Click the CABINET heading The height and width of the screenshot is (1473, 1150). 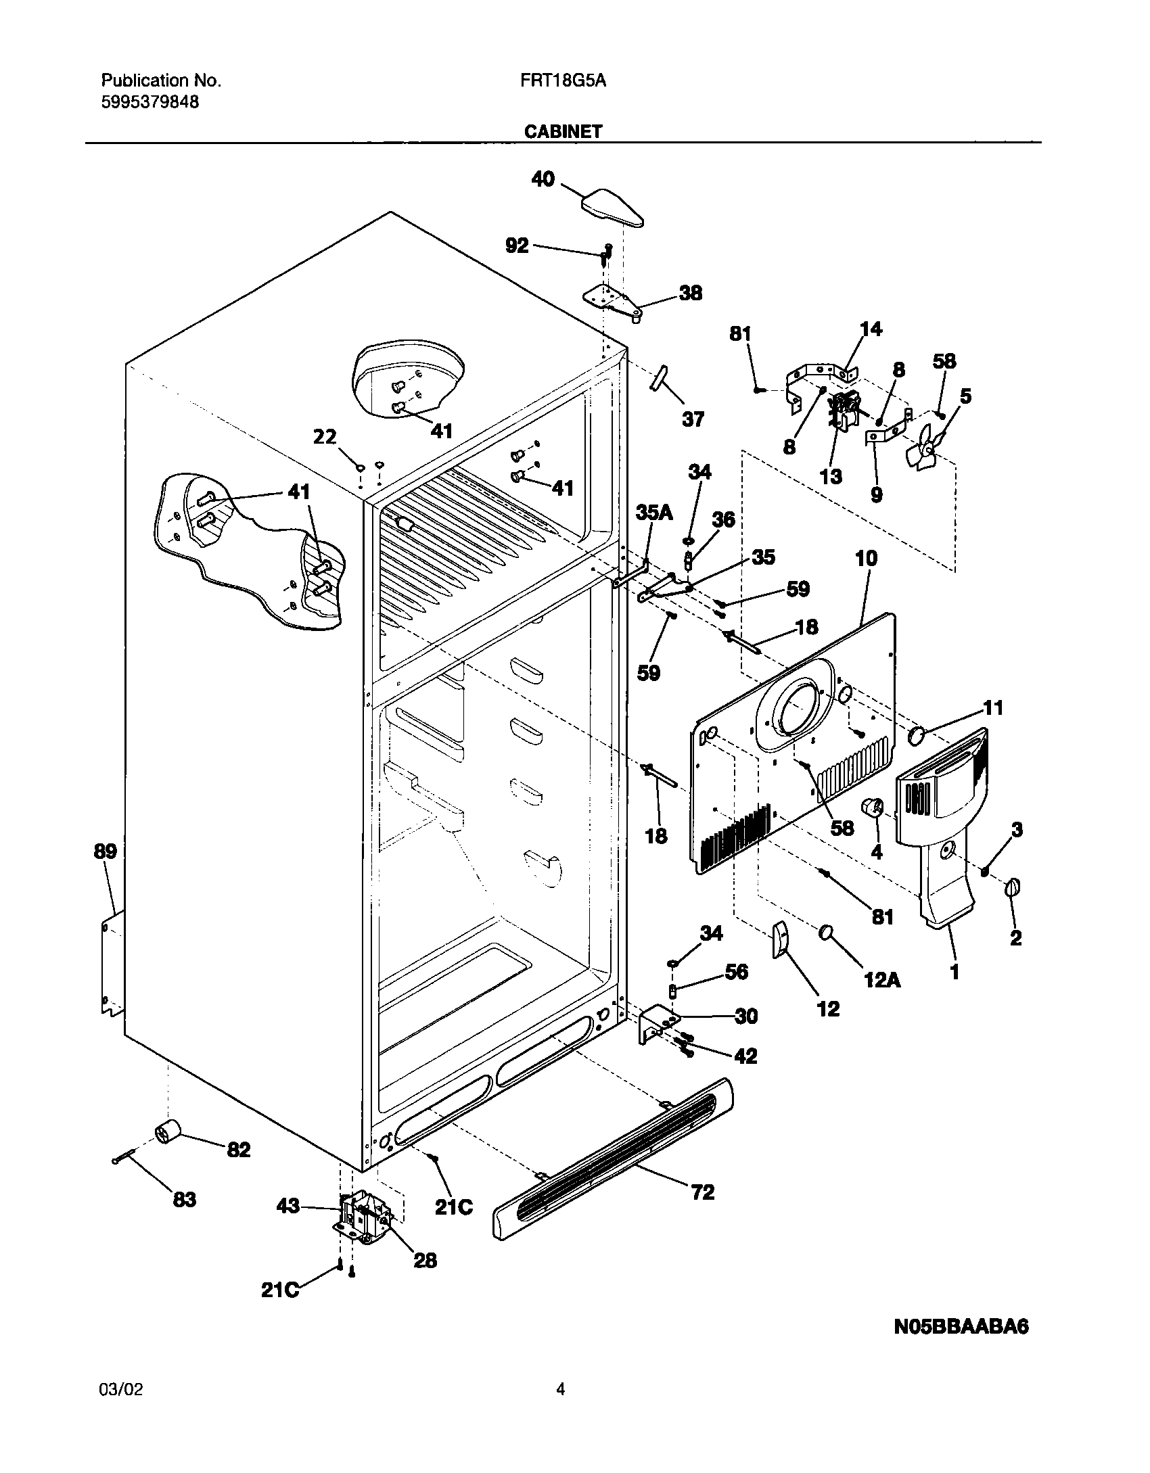[563, 131]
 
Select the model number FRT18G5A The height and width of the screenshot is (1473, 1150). [563, 81]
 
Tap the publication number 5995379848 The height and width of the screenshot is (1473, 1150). [150, 102]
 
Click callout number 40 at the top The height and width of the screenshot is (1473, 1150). [543, 179]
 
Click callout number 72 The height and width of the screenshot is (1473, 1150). [703, 1192]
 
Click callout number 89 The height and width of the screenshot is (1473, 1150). [106, 851]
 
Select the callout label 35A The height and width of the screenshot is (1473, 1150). [653, 513]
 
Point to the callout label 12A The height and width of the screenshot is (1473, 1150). [882, 979]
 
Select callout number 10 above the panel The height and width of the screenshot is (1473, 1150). [866, 559]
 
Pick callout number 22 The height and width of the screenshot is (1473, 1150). [325, 437]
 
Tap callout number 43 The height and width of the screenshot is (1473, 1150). [288, 1206]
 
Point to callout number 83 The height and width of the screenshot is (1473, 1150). [184, 1200]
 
